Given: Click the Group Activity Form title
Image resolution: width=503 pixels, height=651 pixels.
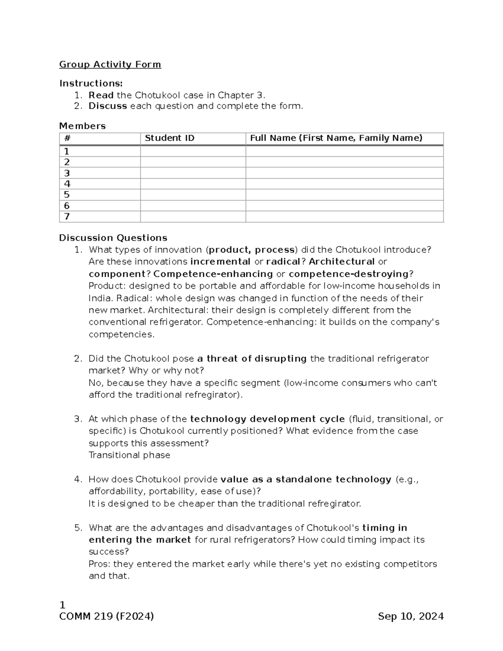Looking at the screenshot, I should point(110,65).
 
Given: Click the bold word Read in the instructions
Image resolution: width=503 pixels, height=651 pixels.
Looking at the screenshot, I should point(101,95).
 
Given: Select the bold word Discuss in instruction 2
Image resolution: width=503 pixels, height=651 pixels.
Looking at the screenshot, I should point(108,106).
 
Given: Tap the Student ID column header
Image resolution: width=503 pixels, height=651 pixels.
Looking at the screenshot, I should point(169,138).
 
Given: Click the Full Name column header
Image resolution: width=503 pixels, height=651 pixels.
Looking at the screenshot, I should point(336,138).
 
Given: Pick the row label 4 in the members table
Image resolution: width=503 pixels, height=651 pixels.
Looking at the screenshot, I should point(67,184).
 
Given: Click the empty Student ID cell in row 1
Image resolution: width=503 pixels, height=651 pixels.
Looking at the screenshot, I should point(193,151).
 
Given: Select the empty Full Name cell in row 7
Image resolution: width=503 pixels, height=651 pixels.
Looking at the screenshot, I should point(344,217).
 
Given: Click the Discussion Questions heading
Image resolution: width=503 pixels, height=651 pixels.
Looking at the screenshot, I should point(113,238).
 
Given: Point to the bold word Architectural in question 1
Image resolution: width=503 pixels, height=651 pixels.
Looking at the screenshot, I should point(342,262).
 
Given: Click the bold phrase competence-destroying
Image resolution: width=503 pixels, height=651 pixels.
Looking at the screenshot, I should point(349,274).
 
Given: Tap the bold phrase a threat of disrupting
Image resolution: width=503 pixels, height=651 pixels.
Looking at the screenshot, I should point(252,359).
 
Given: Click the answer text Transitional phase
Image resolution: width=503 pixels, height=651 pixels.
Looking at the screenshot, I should point(130,455).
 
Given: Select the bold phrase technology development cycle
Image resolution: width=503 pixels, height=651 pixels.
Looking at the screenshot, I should point(267,419).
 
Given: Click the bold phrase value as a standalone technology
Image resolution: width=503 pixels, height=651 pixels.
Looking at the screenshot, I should point(306,480).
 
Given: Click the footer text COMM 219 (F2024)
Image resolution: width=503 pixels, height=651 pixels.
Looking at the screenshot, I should point(106,617).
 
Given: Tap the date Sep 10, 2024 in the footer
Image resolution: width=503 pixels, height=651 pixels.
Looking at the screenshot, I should point(410,617).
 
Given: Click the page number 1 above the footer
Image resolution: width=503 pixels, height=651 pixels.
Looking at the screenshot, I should point(62,605).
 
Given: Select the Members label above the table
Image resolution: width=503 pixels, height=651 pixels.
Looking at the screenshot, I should point(82,126).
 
